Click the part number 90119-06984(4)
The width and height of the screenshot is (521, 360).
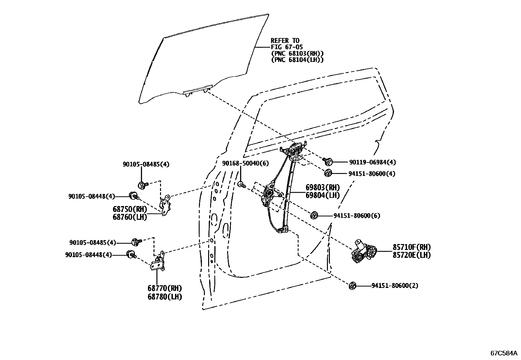click(372, 162)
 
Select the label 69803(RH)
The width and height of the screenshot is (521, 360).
click(323, 188)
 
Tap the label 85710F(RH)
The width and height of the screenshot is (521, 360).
click(412, 247)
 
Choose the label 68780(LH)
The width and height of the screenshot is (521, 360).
click(165, 297)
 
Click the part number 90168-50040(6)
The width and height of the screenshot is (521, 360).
click(241, 163)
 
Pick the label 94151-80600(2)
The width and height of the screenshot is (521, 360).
click(395, 286)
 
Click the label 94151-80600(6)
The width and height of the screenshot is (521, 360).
click(357, 216)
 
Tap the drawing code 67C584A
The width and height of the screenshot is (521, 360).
click(504, 353)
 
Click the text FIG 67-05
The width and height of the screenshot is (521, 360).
click(287, 47)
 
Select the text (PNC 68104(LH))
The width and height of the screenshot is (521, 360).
click(297, 60)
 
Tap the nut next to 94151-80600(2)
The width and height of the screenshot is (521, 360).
click(352, 286)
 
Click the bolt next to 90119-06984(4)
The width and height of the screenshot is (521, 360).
click(328, 161)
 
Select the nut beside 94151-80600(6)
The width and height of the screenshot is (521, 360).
click(314, 216)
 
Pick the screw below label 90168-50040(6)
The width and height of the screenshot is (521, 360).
click(242, 185)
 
